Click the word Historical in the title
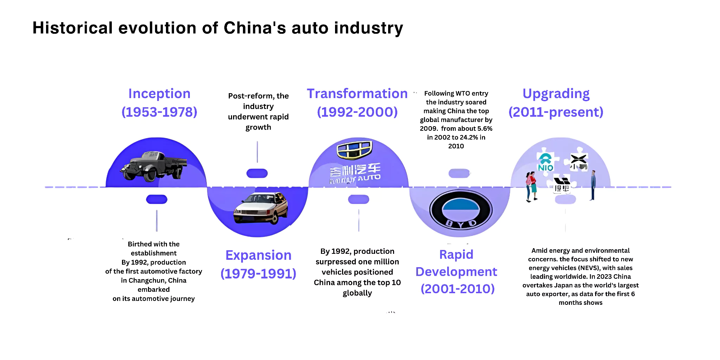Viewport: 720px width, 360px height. click(x=72, y=28)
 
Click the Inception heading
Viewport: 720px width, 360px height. click(x=159, y=94)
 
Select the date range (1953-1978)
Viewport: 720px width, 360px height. click(x=159, y=112)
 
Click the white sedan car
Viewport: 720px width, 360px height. click(x=261, y=208)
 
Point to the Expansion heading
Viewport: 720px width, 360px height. click(x=258, y=255)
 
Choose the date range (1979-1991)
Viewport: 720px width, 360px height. click(x=258, y=274)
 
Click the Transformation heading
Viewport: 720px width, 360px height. click(x=357, y=94)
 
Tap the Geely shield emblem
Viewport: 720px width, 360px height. click(x=354, y=150)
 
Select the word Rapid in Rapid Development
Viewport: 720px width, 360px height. click(x=456, y=255)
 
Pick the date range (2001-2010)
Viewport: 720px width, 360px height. click(x=458, y=289)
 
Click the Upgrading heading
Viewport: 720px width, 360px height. click(x=556, y=94)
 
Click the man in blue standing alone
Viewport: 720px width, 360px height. click(x=593, y=185)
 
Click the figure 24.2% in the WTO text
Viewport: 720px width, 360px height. click(x=469, y=137)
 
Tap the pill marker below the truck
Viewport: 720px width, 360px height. click(x=157, y=199)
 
